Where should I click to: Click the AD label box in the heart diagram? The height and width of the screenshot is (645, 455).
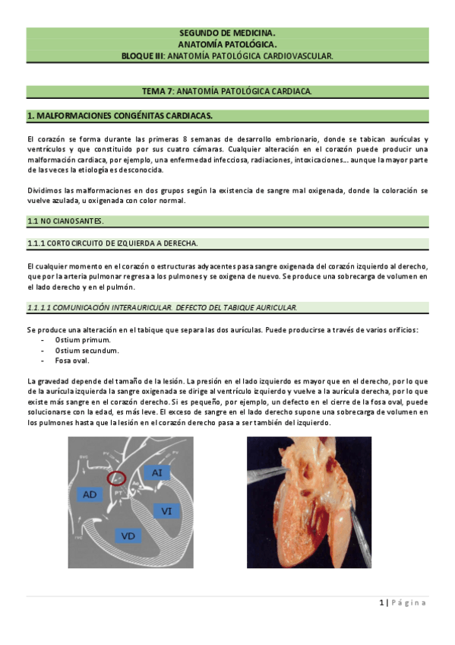(90, 494)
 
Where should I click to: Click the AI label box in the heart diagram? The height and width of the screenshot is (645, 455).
(156, 472)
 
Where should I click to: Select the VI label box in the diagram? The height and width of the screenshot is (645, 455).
(166, 511)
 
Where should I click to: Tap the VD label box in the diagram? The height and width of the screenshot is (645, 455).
(128, 535)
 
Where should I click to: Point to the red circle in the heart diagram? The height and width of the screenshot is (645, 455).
(116, 479)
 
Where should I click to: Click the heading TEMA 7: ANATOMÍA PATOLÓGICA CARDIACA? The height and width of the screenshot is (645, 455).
(227, 91)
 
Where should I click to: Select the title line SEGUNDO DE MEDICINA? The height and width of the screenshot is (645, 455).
(227, 33)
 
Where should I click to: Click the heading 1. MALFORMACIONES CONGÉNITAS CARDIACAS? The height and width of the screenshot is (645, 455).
(119, 116)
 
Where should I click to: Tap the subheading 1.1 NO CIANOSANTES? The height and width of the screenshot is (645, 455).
(65, 221)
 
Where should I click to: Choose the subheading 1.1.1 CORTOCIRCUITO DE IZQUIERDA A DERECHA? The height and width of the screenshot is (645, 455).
(112, 243)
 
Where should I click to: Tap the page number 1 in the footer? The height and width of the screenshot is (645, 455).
(381, 603)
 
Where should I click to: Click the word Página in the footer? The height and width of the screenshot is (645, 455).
(410, 603)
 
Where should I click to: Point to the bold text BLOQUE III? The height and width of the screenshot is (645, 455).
(143, 56)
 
